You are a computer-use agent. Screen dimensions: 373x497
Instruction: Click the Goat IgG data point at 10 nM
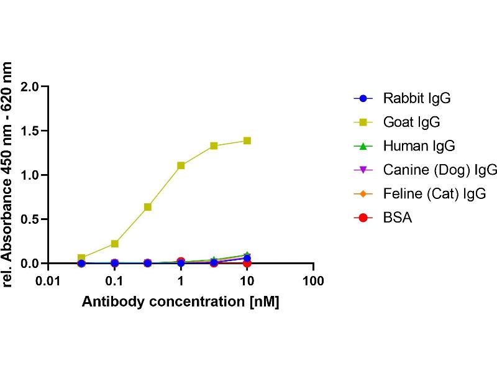click(247, 140)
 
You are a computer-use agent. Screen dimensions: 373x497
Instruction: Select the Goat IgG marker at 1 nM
click(181, 165)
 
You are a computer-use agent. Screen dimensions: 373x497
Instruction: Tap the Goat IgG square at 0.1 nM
click(114, 244)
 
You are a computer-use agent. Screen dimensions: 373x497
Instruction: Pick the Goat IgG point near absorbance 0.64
click(148, 206)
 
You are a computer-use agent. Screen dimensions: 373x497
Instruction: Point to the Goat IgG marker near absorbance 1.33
click(214, 145)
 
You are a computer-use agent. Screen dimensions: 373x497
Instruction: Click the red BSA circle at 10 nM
click(247, 263)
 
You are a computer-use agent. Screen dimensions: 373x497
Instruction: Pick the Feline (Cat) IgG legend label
click(434, 194)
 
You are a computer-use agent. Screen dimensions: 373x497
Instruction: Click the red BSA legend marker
click(364, 218)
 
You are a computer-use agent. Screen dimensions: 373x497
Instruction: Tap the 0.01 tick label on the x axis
click(48, 282)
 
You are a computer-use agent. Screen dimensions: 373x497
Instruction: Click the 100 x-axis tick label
click(313, 282)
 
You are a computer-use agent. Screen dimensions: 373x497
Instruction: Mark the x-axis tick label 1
click(181, 282)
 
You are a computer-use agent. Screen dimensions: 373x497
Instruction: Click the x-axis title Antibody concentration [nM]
click(181, 302)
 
